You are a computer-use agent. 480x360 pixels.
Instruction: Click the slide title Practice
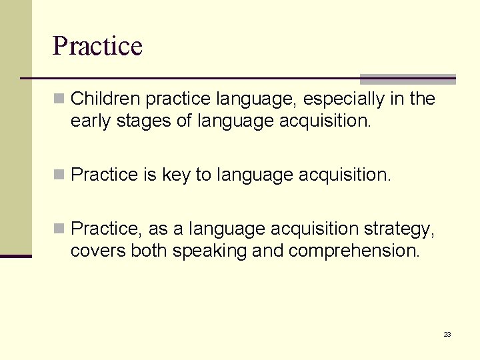97,46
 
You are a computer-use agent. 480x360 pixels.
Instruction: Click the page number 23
447,334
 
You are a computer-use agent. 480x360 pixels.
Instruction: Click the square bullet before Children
59,99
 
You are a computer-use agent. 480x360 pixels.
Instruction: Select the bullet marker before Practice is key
59,175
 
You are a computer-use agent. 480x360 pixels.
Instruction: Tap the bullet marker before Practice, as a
59,229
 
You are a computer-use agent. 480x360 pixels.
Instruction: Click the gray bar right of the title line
407,79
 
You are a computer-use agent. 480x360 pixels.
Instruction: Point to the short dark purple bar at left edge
15,256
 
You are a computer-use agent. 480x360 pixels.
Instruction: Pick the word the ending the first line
422,99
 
